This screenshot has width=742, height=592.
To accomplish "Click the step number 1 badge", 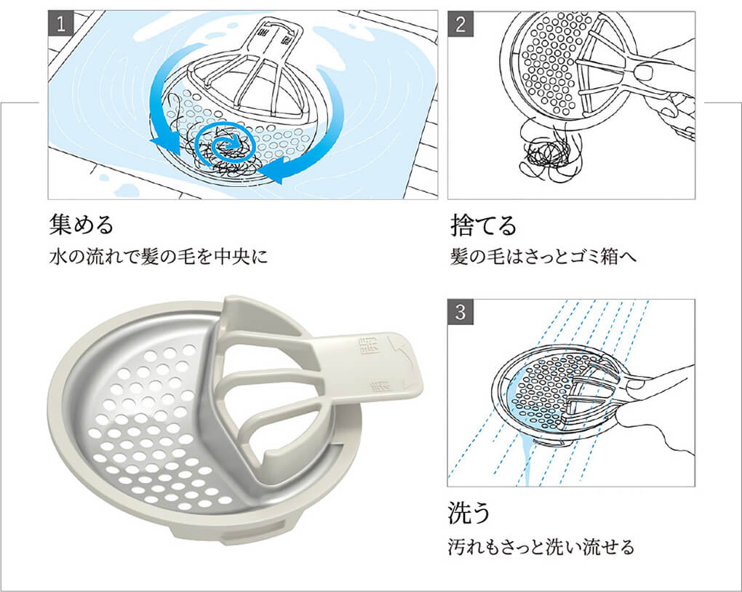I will tap(60, 23).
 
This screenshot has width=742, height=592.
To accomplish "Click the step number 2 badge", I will tap(460, 23).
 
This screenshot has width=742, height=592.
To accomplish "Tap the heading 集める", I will tap(81, 225).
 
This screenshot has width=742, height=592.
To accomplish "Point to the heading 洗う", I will tap(469, 513).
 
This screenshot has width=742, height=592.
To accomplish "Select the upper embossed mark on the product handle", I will tap(362, 342).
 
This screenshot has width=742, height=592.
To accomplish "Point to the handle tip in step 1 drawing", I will tap(281, 33).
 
